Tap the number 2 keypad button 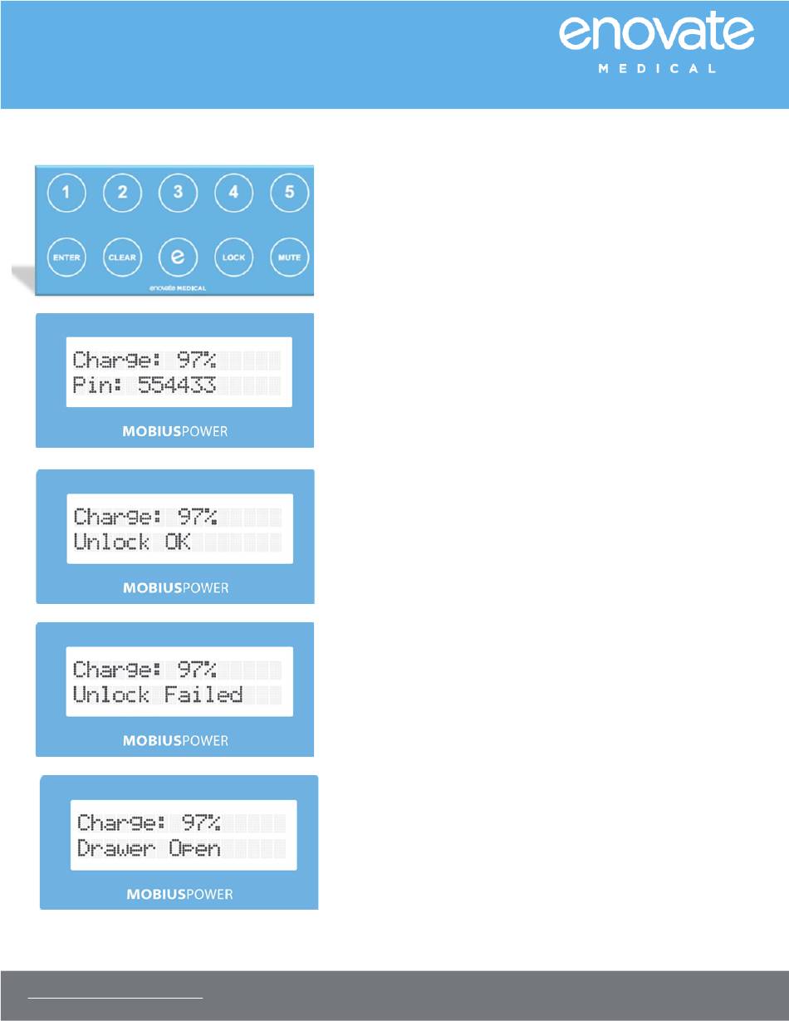[x=122, y=194]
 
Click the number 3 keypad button [x=178, y=194]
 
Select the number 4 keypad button [x=233, y=194]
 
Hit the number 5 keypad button [x=289, y=194]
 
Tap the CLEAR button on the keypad [x=122, y=258]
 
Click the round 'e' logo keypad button [x=178, y=258]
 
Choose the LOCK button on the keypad [x=233, y=258]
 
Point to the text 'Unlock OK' [x=133, y=542]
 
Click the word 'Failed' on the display [x=203, y=695]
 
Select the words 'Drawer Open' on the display [x=149, y=848]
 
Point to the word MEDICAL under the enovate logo [x=656, y=69]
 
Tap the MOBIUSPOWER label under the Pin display [x=175, y=433]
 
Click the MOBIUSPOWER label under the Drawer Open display [x=179, y=895]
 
